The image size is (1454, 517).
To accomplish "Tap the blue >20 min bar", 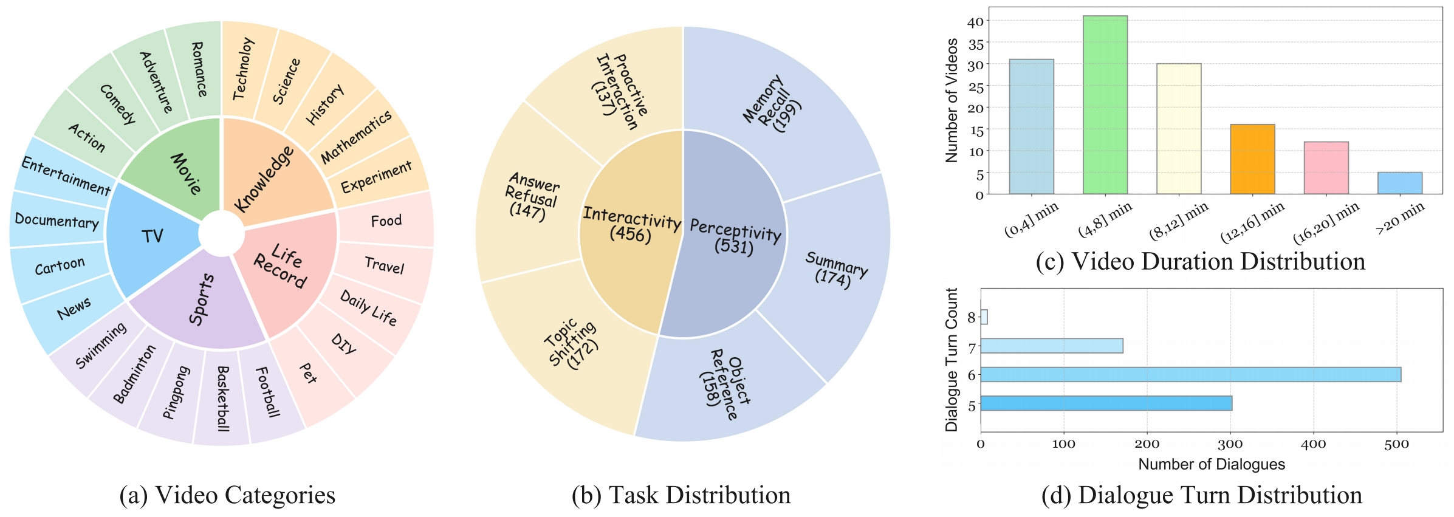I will (1399, 183).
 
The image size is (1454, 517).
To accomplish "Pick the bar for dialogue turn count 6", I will (1190, 374).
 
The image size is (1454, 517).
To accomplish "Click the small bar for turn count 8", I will (984, 317).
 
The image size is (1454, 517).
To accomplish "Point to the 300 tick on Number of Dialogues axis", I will (1230, 444).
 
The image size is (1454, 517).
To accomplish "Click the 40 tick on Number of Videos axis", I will (975, 22).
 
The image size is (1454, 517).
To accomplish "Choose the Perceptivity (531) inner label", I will (735, 236).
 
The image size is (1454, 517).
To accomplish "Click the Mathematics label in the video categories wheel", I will (356, 137).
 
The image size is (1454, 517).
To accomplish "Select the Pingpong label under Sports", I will (176, 392).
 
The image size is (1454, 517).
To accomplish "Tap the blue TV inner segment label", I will (152, 236).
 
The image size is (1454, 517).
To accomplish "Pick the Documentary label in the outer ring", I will (57, 221).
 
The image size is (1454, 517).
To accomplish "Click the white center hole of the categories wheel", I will (221, 234).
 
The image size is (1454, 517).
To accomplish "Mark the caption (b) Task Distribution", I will (681, 495).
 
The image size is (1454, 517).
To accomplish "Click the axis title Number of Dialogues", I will (1211, 465).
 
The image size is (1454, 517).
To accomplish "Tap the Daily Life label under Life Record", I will (368, 308).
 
